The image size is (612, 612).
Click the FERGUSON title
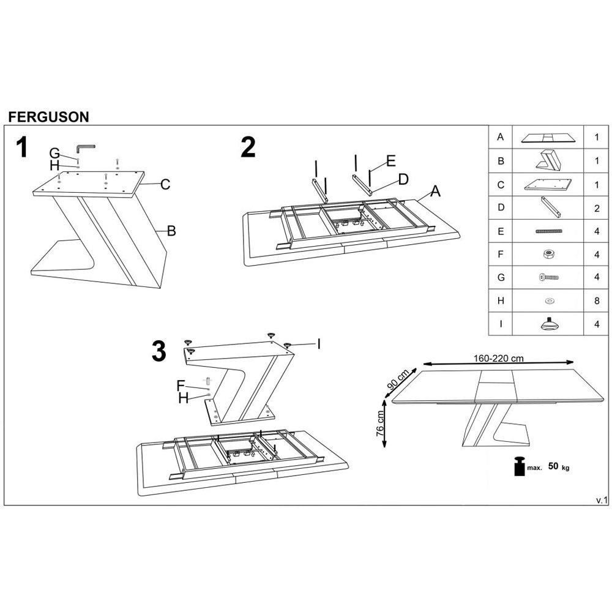coord(48,116)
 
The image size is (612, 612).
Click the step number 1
coord(22,148)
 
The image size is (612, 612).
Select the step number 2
coord(248,147)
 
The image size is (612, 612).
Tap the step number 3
coord(159,351)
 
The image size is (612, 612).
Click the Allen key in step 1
coord(84,149)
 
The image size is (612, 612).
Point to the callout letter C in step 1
coord(165,184)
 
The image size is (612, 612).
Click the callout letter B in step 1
coord(172,231)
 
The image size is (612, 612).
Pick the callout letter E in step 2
coord(391,161)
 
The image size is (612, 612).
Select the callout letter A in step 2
coord(435,192)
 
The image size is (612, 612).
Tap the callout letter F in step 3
coord(181,386)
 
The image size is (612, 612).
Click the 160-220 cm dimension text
coord(497,359)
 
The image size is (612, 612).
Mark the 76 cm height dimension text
coord(380,423)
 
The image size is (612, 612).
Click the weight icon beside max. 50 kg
coord(520,467)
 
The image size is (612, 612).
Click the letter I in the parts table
coord(501,324)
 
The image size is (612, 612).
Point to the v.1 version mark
coord(601,501)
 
